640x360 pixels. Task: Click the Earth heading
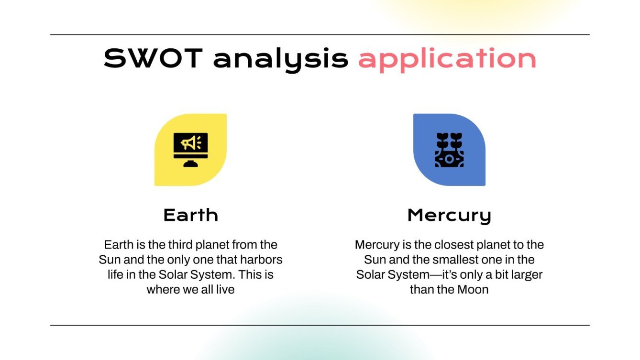[x=191, y=215]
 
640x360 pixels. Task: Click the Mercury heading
[x=449, y=216]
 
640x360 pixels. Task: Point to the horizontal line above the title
[x=320, y=35]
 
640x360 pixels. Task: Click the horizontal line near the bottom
[x=320, y=325]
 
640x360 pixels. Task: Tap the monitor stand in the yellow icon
[x=190, y=164]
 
